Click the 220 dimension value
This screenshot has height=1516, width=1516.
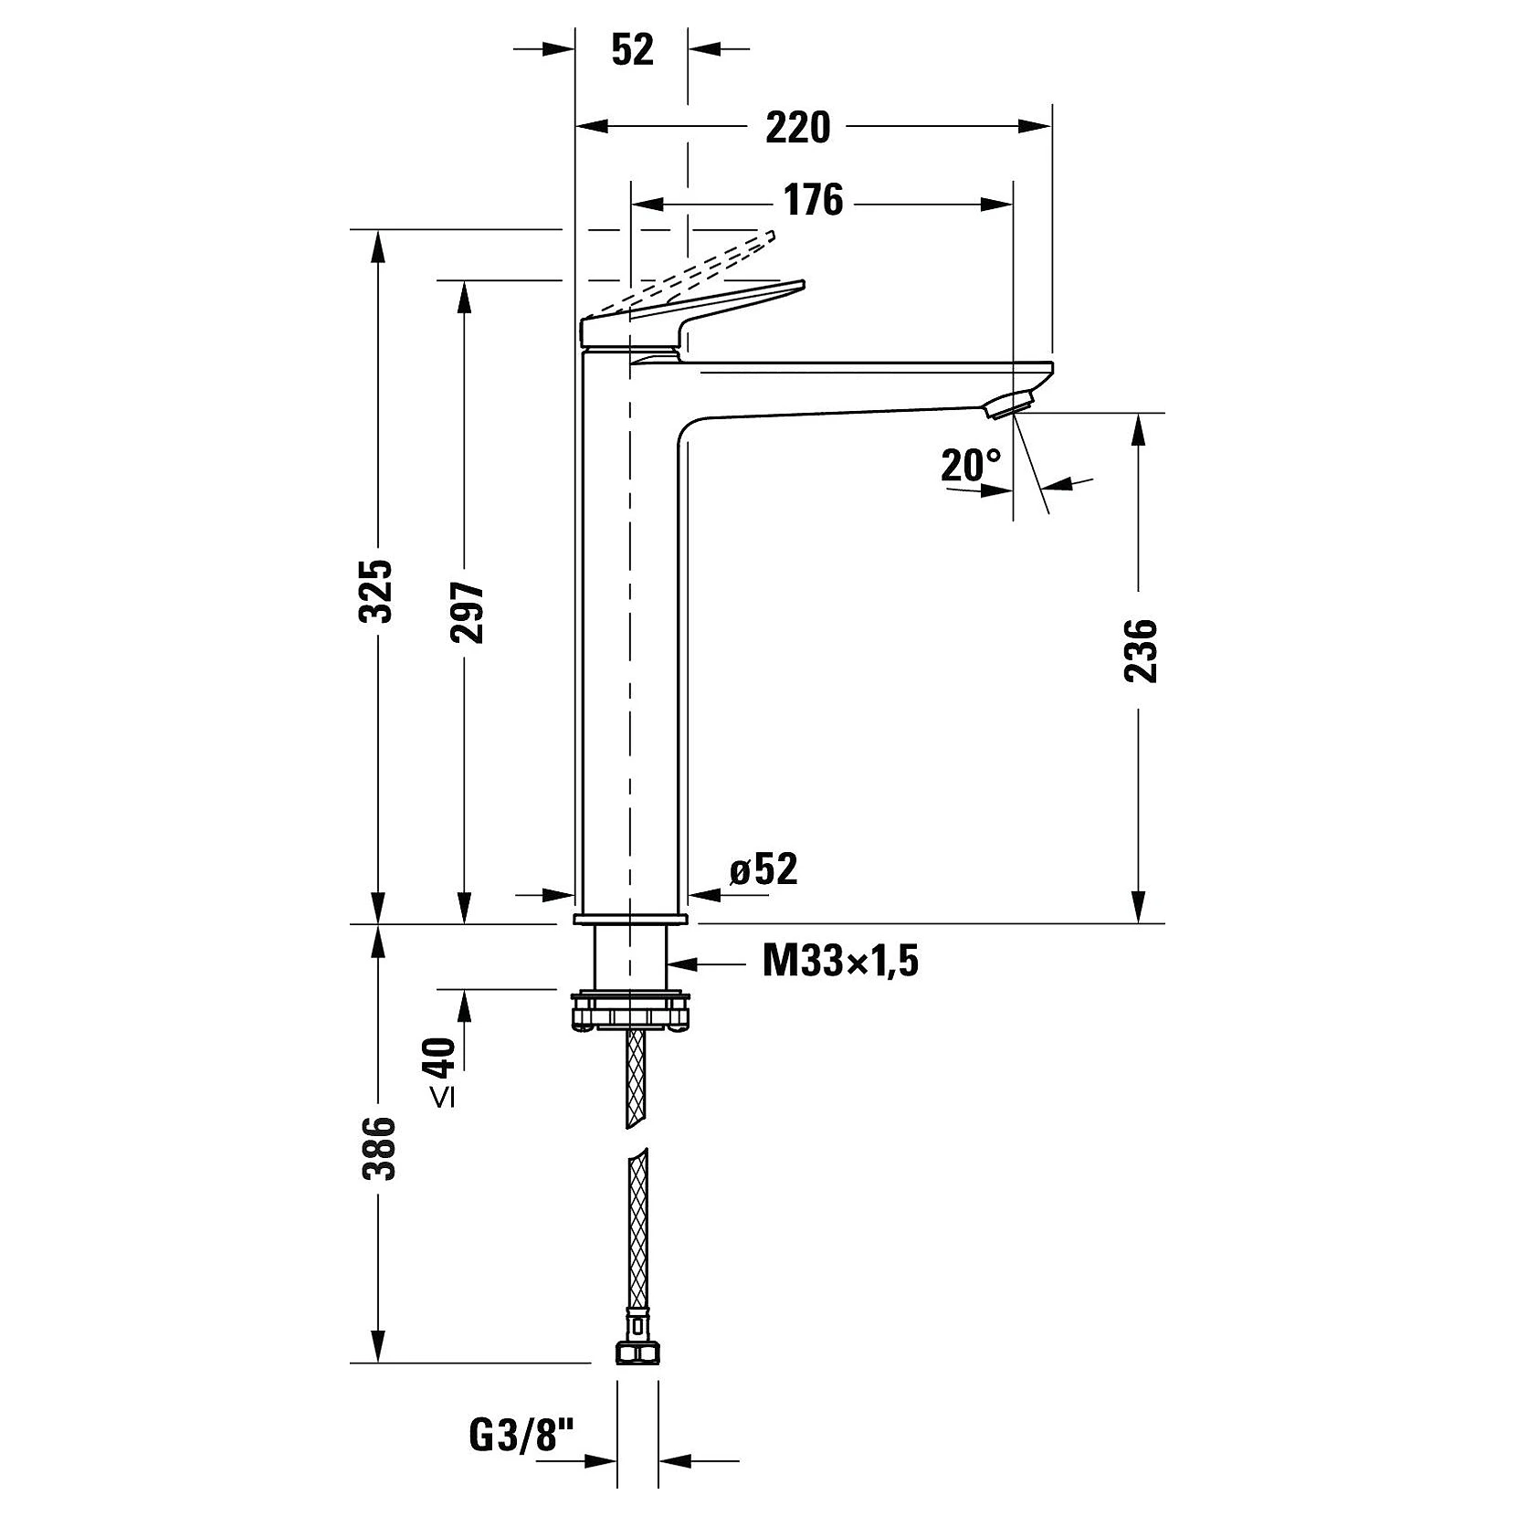click(797, 128)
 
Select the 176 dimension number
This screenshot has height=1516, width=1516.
click(814, 201)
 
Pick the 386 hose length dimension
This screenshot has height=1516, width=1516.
click(377, 1147)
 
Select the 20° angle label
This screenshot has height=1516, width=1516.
click(972, 466)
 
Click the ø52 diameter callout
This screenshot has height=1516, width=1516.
click(763, 869)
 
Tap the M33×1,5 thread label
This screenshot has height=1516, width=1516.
click(840, 961)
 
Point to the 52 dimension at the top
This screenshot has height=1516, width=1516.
click(633, 49)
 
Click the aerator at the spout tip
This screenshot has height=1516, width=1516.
click(1013, 403)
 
